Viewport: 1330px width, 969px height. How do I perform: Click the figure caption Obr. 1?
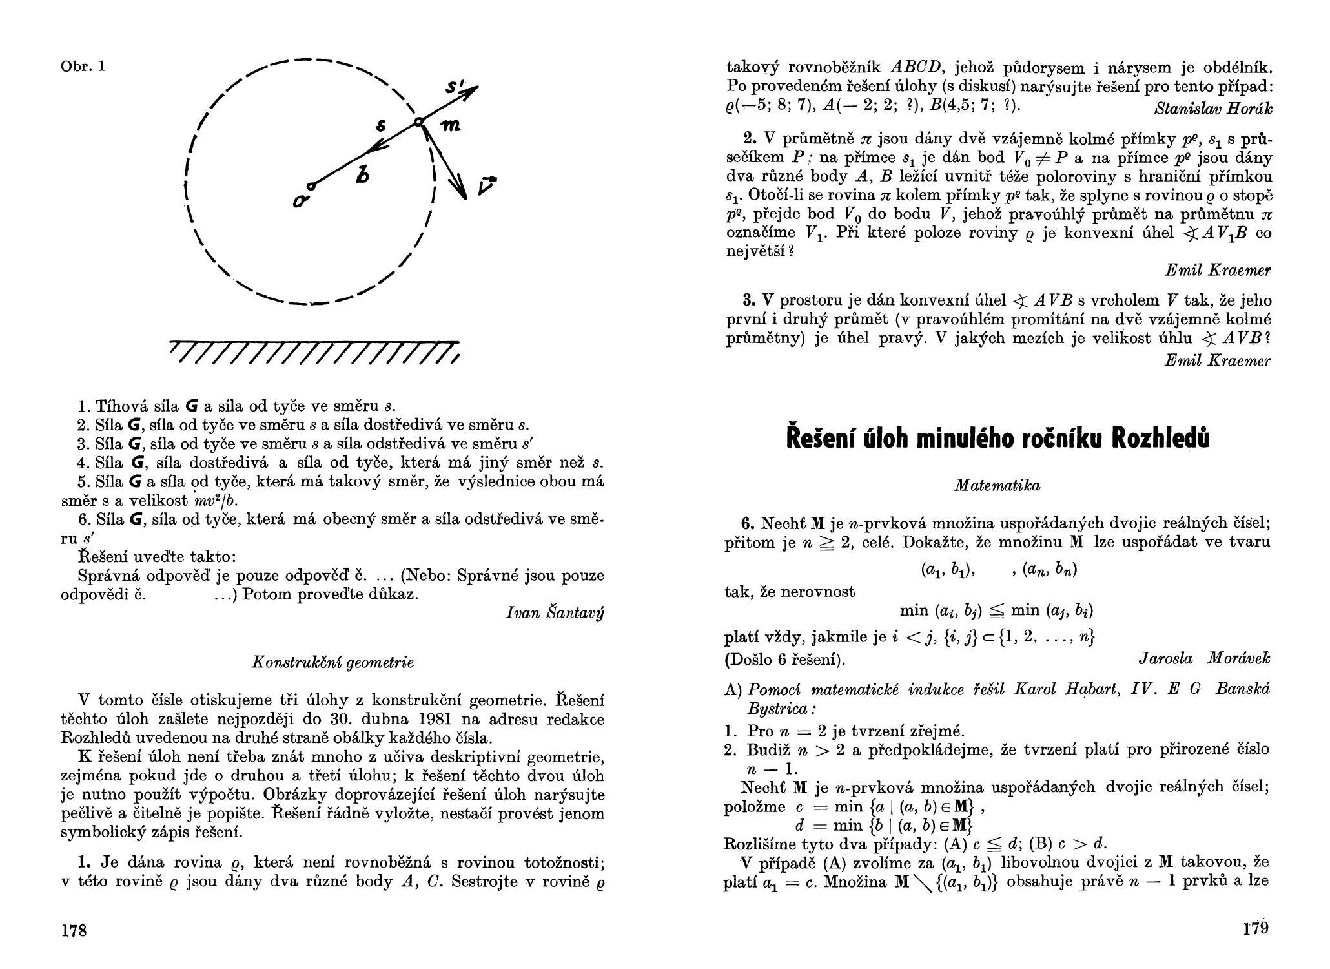tap(83, 67)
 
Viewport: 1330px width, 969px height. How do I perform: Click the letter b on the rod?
tap(363, 174)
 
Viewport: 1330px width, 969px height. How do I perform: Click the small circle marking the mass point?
tap(418, 121)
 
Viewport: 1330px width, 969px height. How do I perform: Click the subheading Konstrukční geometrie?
tap(332, 662)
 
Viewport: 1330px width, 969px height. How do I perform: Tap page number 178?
tap(74, 930)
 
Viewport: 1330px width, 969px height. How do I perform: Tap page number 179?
tap(1256, 929)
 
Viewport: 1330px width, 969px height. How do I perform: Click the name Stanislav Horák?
tap(1214, 109)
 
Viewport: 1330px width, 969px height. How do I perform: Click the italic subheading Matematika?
tap(998, 486)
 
